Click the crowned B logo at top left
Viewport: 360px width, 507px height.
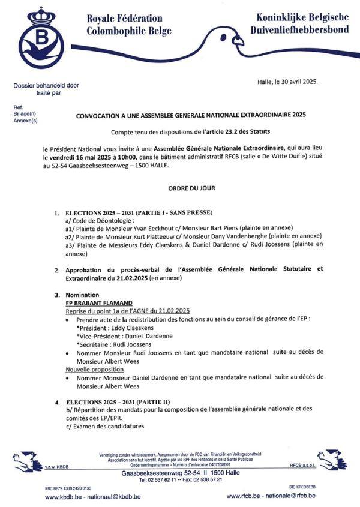click(x=41, y=37)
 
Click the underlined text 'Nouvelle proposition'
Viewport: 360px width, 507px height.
click(x=95, y=369)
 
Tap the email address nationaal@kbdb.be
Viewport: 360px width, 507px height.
click(x=114, y=496)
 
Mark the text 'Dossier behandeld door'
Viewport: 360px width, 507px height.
click(x=46, y=86)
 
